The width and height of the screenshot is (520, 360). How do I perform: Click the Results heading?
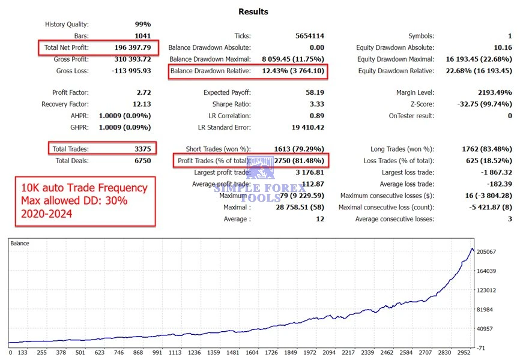253,11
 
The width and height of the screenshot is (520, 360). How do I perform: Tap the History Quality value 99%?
143,25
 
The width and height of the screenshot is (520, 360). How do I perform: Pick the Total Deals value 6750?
142,161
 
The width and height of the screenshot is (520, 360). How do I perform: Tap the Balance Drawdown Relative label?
210,71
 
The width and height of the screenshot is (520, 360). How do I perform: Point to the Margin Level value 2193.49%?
492,93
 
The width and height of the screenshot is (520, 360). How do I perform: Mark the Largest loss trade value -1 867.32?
492,173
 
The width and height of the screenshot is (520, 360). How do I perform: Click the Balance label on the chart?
20,244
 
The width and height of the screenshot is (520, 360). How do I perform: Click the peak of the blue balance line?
472,248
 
